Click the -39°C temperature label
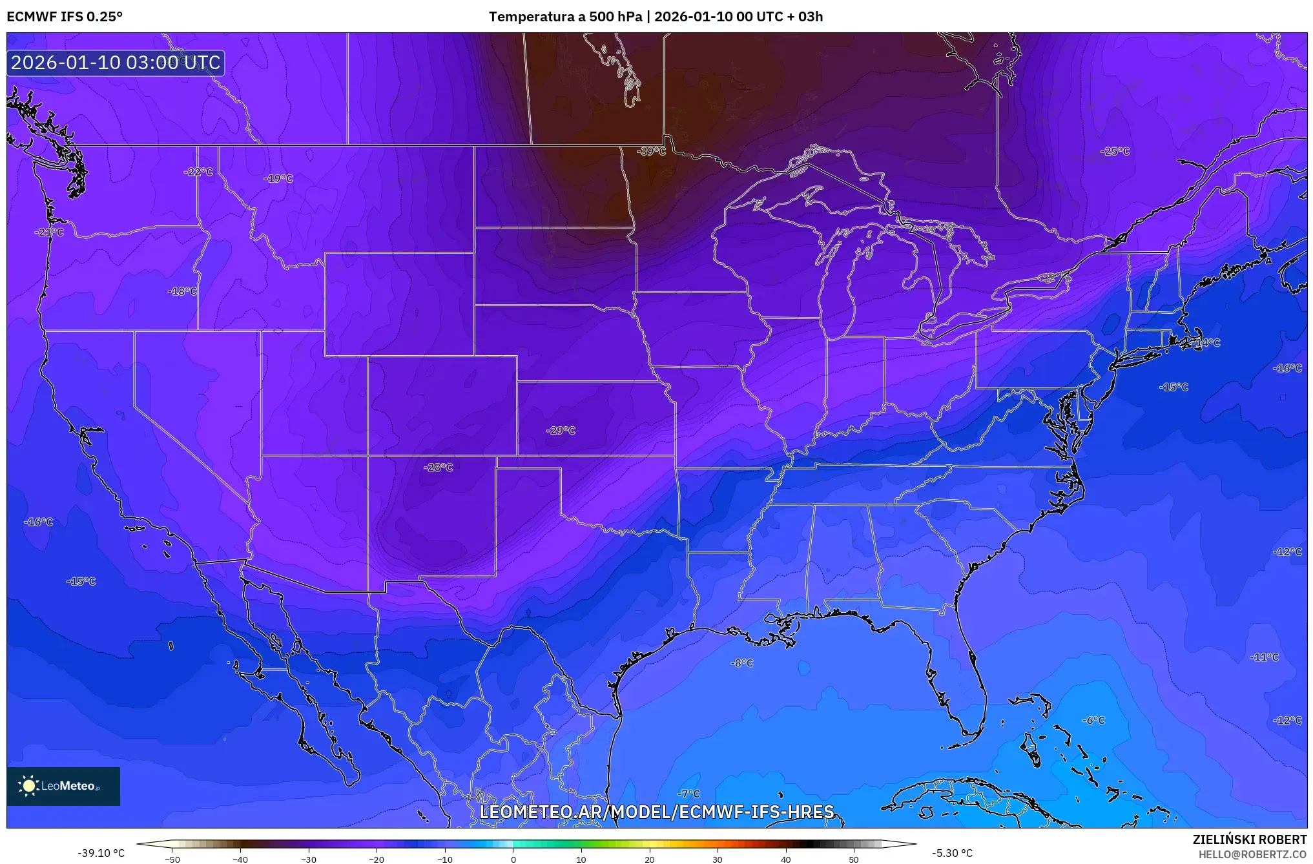[x=651, y=151]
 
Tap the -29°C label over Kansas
[x=561, y=430]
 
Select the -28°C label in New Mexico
[x=438, y=467]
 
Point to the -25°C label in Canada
[x=1115, y=151]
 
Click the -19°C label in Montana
[x=278, y=178]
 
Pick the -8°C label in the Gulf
[x=741, y=663]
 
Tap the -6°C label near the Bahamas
[x=1093, y=720]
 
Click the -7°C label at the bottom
[x=688, y=793]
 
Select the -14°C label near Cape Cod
[x=1206, y=342]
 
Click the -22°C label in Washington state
[x=198, y=171]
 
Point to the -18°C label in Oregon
[x=182, y=291]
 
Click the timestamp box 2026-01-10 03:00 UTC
[x=116, y=63]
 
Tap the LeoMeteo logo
[x=63, y=786]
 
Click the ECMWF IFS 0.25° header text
[x=65, y=16]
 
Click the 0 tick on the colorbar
[x=513, y=859]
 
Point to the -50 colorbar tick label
[x=172, y=859]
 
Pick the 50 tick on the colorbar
[x=854, y=859]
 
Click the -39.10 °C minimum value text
[x=101, y=853]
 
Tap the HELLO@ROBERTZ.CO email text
[x=1252, y=854]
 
